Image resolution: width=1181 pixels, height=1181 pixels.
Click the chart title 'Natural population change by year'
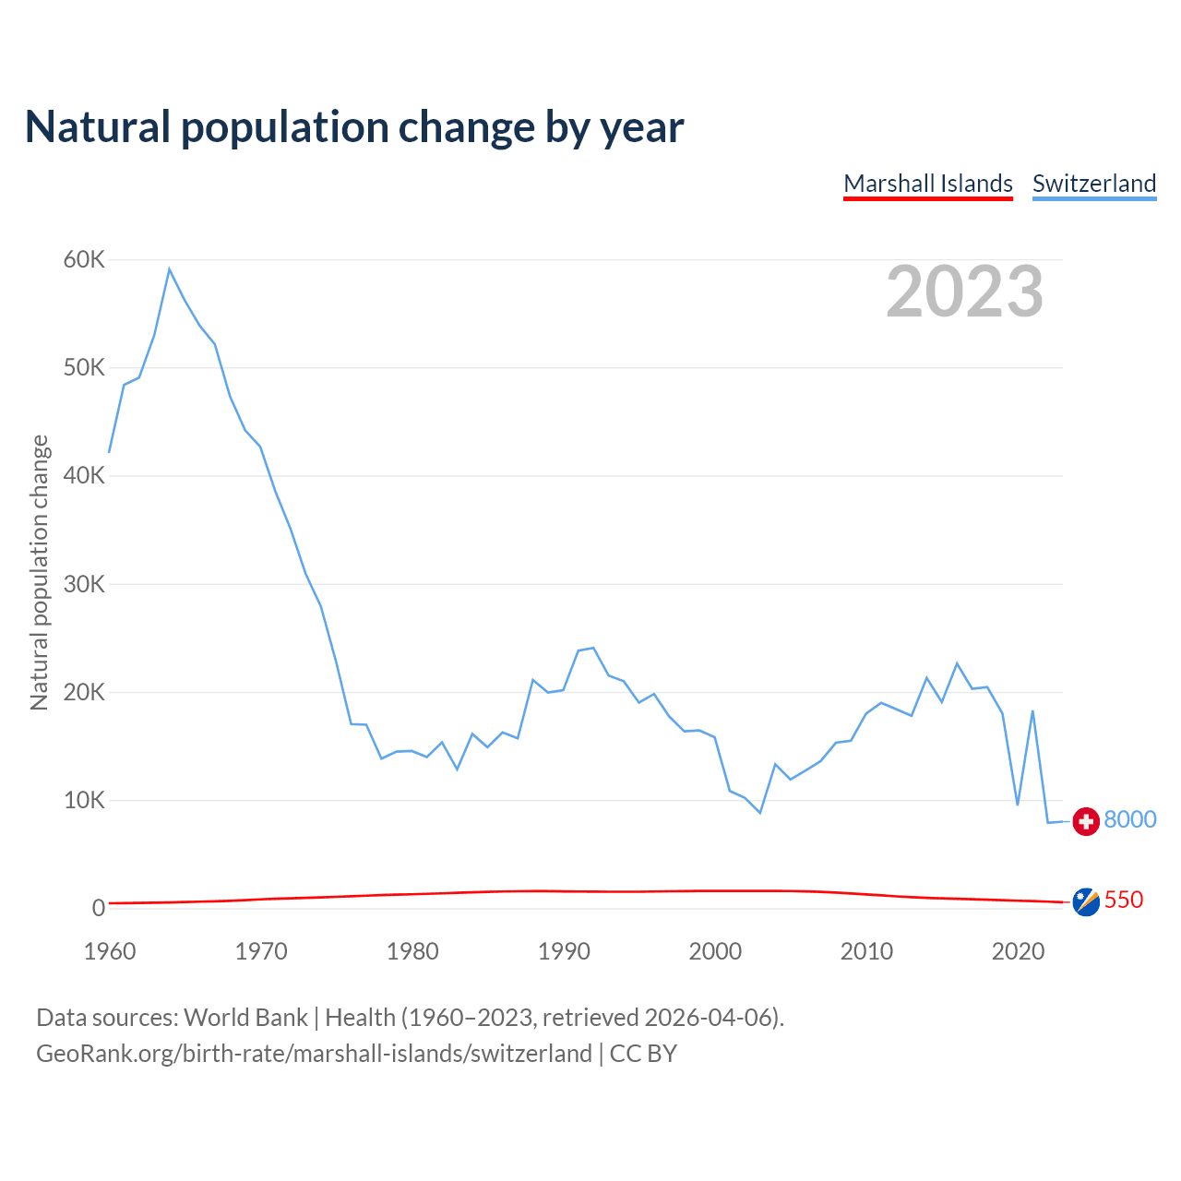coord(354,127)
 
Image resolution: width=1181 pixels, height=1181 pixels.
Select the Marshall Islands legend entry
coord(928,184)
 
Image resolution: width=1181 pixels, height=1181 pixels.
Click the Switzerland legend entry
coord(1094,184)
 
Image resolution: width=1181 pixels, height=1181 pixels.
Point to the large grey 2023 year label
coord(964,292)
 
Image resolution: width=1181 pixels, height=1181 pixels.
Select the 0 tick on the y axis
coord(99,908)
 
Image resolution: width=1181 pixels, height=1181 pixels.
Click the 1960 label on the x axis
coord(110,951)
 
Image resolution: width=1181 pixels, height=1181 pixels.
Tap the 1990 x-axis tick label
coord(564,951)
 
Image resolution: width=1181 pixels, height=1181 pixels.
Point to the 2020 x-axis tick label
coord(1018,951)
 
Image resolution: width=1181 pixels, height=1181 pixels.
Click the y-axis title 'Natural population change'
coord(40,573)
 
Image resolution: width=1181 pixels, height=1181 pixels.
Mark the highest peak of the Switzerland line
coord(169,268)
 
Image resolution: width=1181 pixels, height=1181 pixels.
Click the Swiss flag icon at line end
coord(1086,820)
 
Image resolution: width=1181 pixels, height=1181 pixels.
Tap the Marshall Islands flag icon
coord(1086,901)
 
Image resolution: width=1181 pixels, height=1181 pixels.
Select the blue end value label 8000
coord(1130,819)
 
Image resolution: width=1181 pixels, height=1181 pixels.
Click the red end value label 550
coord(1124,900)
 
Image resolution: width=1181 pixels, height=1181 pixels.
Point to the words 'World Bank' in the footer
coord(245,1018)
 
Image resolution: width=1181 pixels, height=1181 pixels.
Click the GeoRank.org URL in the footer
coord(314,1054)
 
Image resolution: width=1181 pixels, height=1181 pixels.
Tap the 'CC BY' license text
coord(643,1054)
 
